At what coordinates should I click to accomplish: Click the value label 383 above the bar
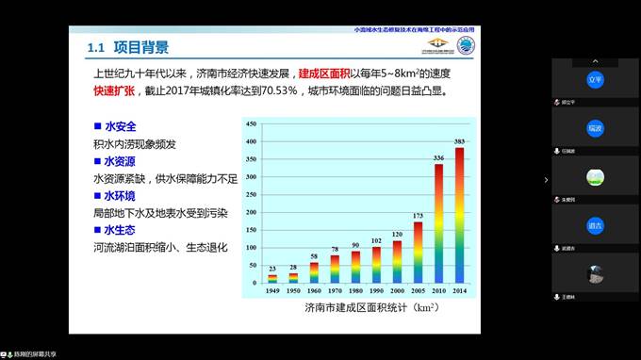(459, 141)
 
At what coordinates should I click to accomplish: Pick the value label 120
(397, 234)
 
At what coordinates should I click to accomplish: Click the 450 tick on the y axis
(251, 124)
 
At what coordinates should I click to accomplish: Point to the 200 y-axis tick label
(251, 212)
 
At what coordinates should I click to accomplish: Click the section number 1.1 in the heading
(95, 48)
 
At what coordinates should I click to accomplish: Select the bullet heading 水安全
(121, 125)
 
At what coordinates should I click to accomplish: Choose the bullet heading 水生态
(121, 229)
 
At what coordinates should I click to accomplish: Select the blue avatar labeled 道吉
(594, 225)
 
